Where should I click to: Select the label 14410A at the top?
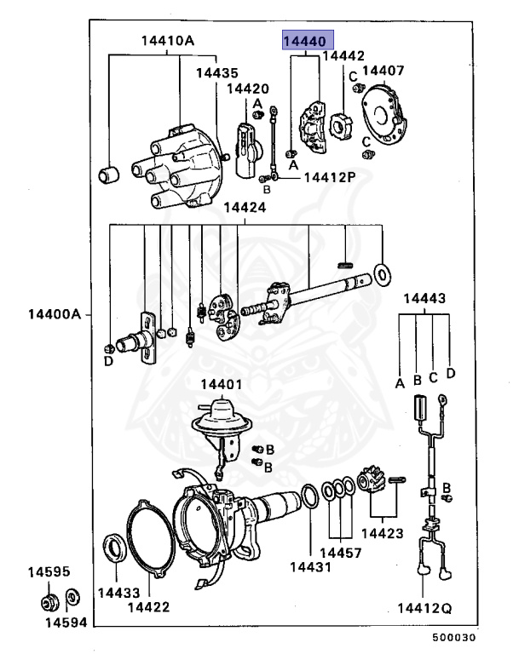coord(168,40)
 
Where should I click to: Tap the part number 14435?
coord(217,73)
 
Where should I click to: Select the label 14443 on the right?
coord(424,299)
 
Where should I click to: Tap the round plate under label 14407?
coord(386,118)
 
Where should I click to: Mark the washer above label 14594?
coord(72,594)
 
